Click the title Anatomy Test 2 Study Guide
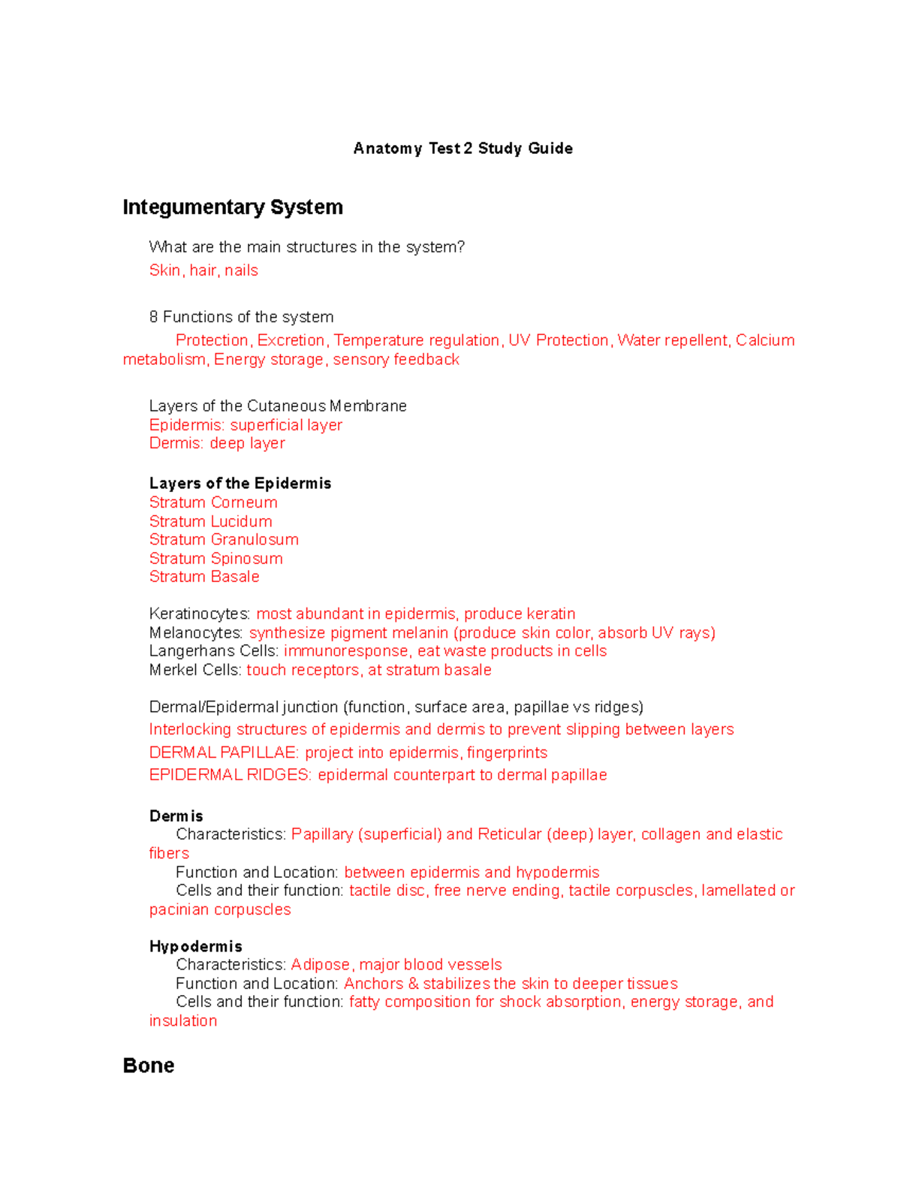[x=463, y=148]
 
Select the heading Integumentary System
[x=233, y=207]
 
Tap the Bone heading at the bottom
[x=149, y=1066]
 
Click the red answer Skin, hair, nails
[x=203, y=270]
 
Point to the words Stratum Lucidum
[x=210, y=521]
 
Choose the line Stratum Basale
[x=204, y=577]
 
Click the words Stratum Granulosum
[x=224, y=540]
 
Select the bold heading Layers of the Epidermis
[x=240, y=484]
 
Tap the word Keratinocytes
[x=199, y=614]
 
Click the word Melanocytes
[x=196, y=633]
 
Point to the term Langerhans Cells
[x=214, y=651]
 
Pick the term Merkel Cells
[x=195, y=670]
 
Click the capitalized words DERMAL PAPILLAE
[x=224, y=752]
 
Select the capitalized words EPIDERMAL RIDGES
[x=230, y=775]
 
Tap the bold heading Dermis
[x=176, y=816]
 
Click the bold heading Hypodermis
[x=195, y=946]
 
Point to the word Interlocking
[x=190, y=730]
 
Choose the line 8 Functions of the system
[x=241, y=317]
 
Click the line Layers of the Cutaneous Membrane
[x=278, y=406]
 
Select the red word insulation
[x=183, y=1021]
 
